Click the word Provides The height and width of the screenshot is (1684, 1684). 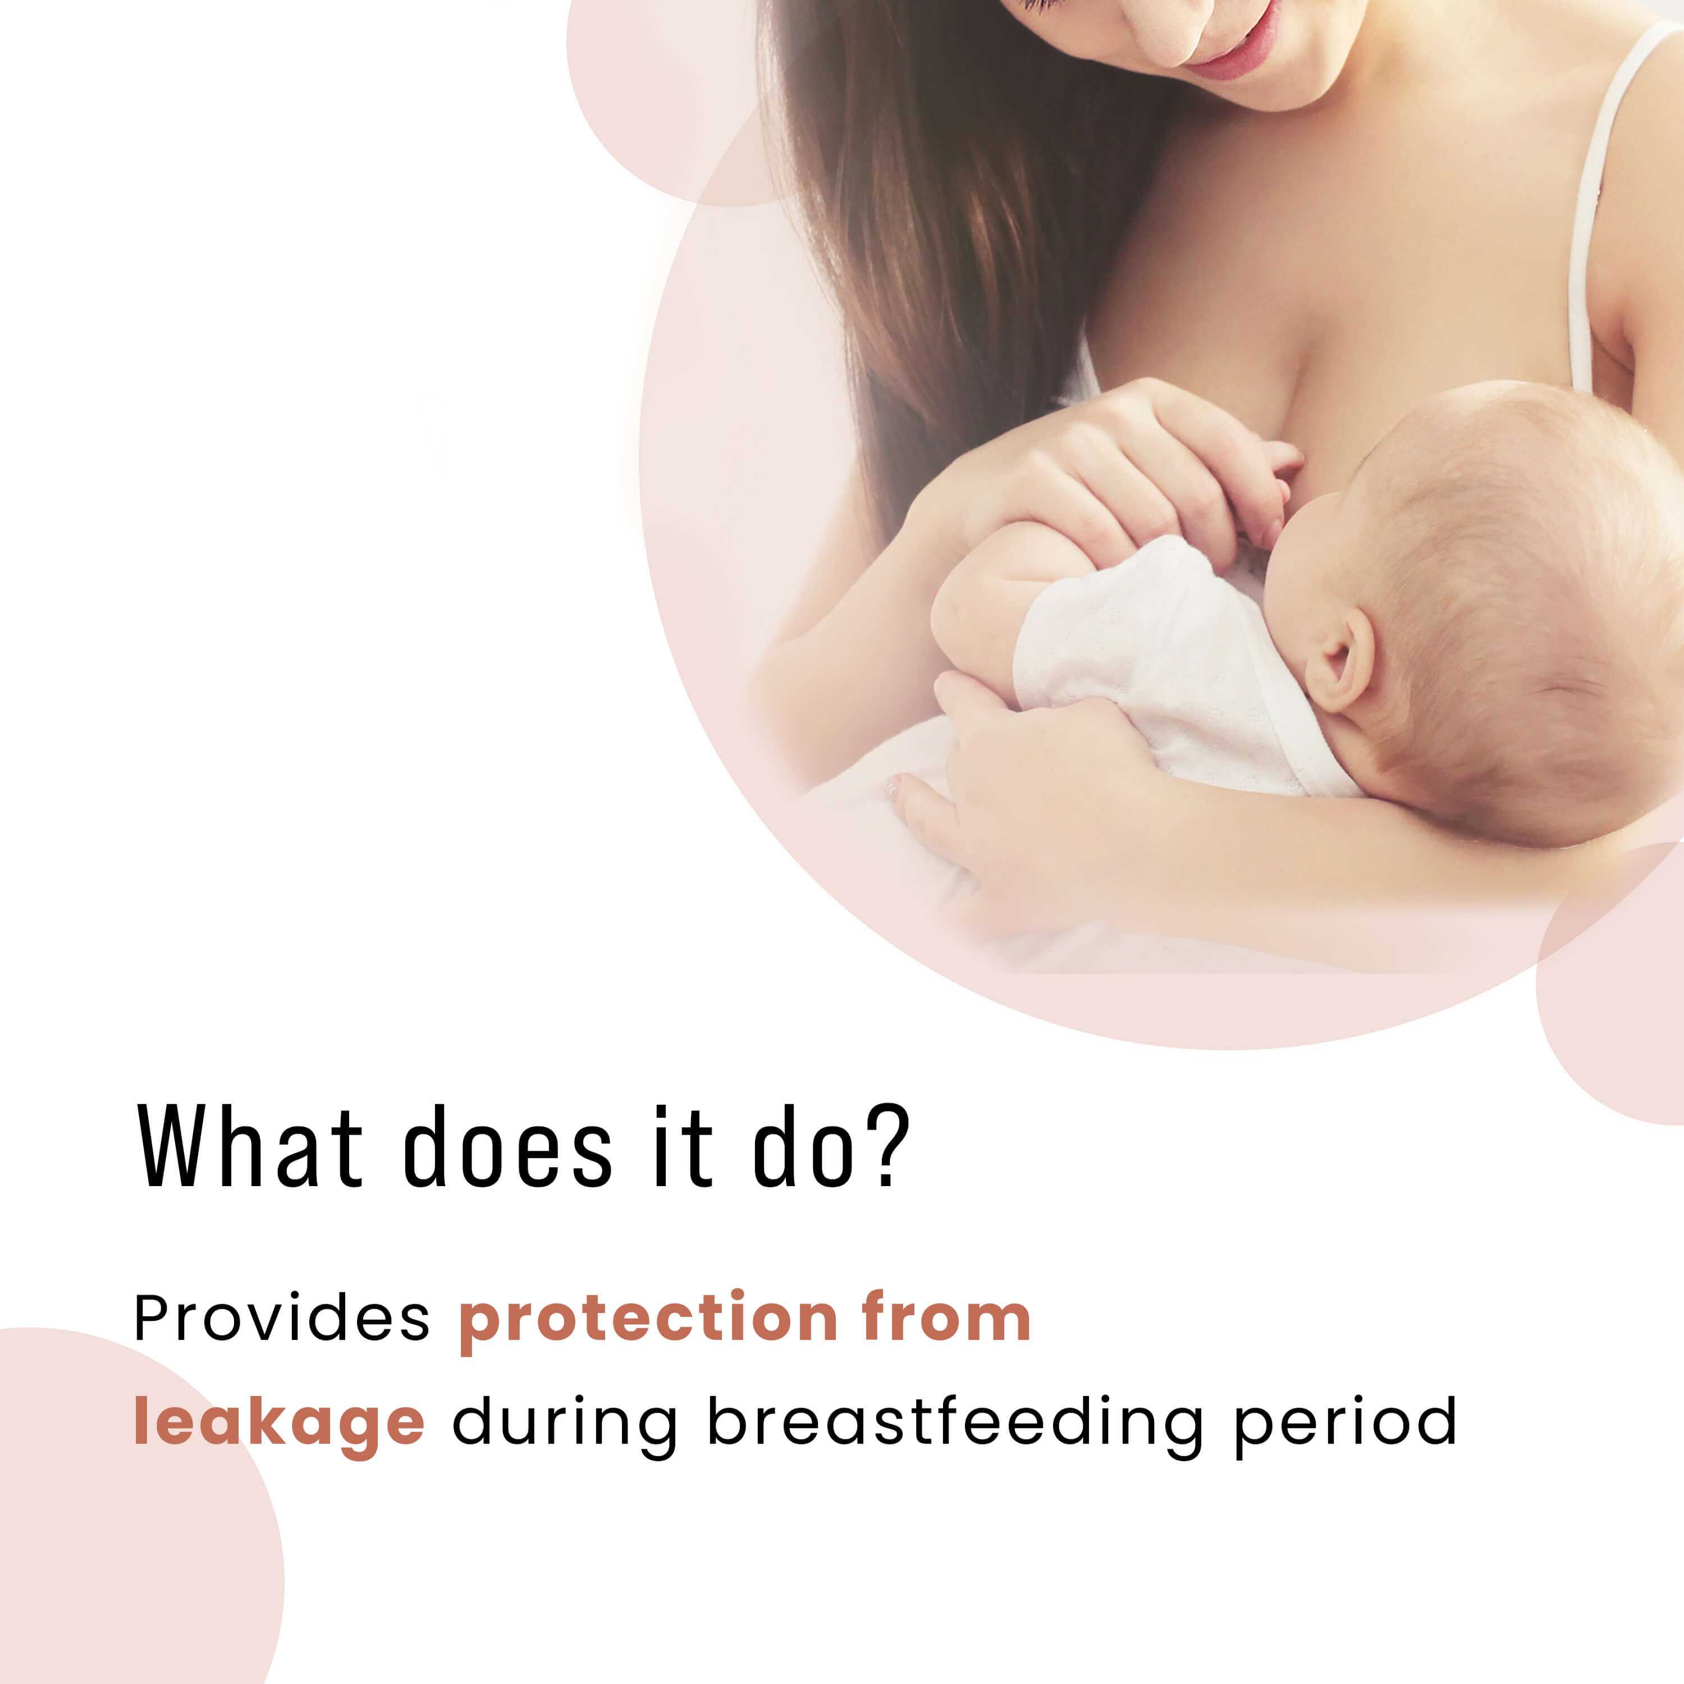(x=282, y=1318)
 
